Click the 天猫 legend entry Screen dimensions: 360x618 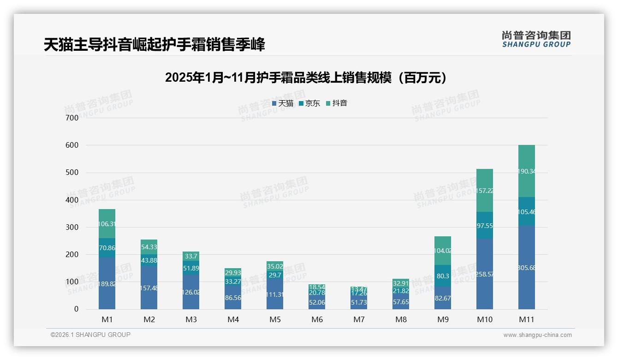(283, 103)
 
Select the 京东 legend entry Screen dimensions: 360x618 (309, 103)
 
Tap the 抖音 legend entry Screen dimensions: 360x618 (337, 103)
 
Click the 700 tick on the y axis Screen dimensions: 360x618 (72, 118)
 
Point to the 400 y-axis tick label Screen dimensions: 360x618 (72, 200)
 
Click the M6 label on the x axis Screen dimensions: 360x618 (317, 319)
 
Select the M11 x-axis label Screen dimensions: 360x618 (526, 319)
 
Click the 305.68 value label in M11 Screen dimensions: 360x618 (526, 268)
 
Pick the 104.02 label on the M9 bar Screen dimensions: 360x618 (443, 251)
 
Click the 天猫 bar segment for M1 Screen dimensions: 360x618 (107, 283)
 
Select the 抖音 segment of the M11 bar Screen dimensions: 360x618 (526, 171)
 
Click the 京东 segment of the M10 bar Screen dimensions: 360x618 (484, 225)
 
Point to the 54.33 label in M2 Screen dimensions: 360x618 (149, 247)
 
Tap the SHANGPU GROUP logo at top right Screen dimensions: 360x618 (536, 39)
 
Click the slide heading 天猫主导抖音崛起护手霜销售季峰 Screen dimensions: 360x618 (154, 45)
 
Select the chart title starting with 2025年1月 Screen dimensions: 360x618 (306, 78)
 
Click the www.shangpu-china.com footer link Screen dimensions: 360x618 (537, 335)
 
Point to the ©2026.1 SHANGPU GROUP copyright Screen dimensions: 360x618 (90, 335)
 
